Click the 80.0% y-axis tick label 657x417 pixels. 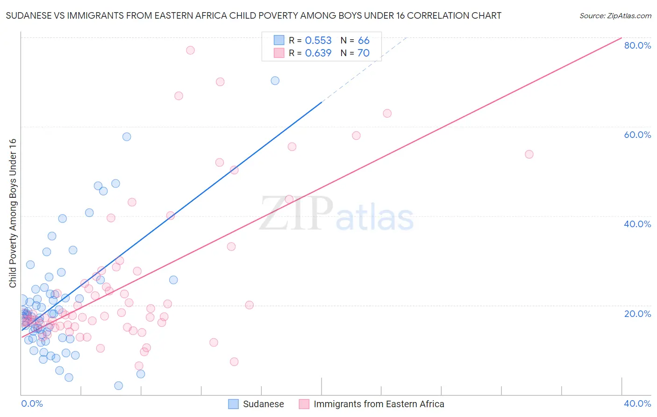pyautogui.click(x=637, y=45)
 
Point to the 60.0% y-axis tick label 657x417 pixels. pyautogui.click(x=637, y=135)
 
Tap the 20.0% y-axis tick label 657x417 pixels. pyautogui.click(x=637, y=314)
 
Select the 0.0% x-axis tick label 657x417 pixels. pyautogui.click(x=32, y=403)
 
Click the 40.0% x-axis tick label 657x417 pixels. pyautogui.click(x=637, y=403)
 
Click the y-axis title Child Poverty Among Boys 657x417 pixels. pyautogui.click(x=13, y=213)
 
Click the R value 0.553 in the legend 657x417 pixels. pyautogui.click(x=318, y=41)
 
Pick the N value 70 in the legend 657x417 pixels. pyautogui.click(x=363, y=53)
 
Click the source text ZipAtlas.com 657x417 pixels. pyautogui.click(x=615, y=16)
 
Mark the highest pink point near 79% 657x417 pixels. pyautogui.click(x=190, y=50)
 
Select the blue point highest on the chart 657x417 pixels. pyautogui.click(x=275, y=80)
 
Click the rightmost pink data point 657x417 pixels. pyautogui.click(x=529, y=154)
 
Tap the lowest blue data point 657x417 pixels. pyautogui.click(x=119, y=386)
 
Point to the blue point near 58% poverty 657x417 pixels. pyautogui.click(x=127, y=137)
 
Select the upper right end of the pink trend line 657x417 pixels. pyautogui.click(x=621, y=38)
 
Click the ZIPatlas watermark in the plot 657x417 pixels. pyautogui.click(x=336, y=214)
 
